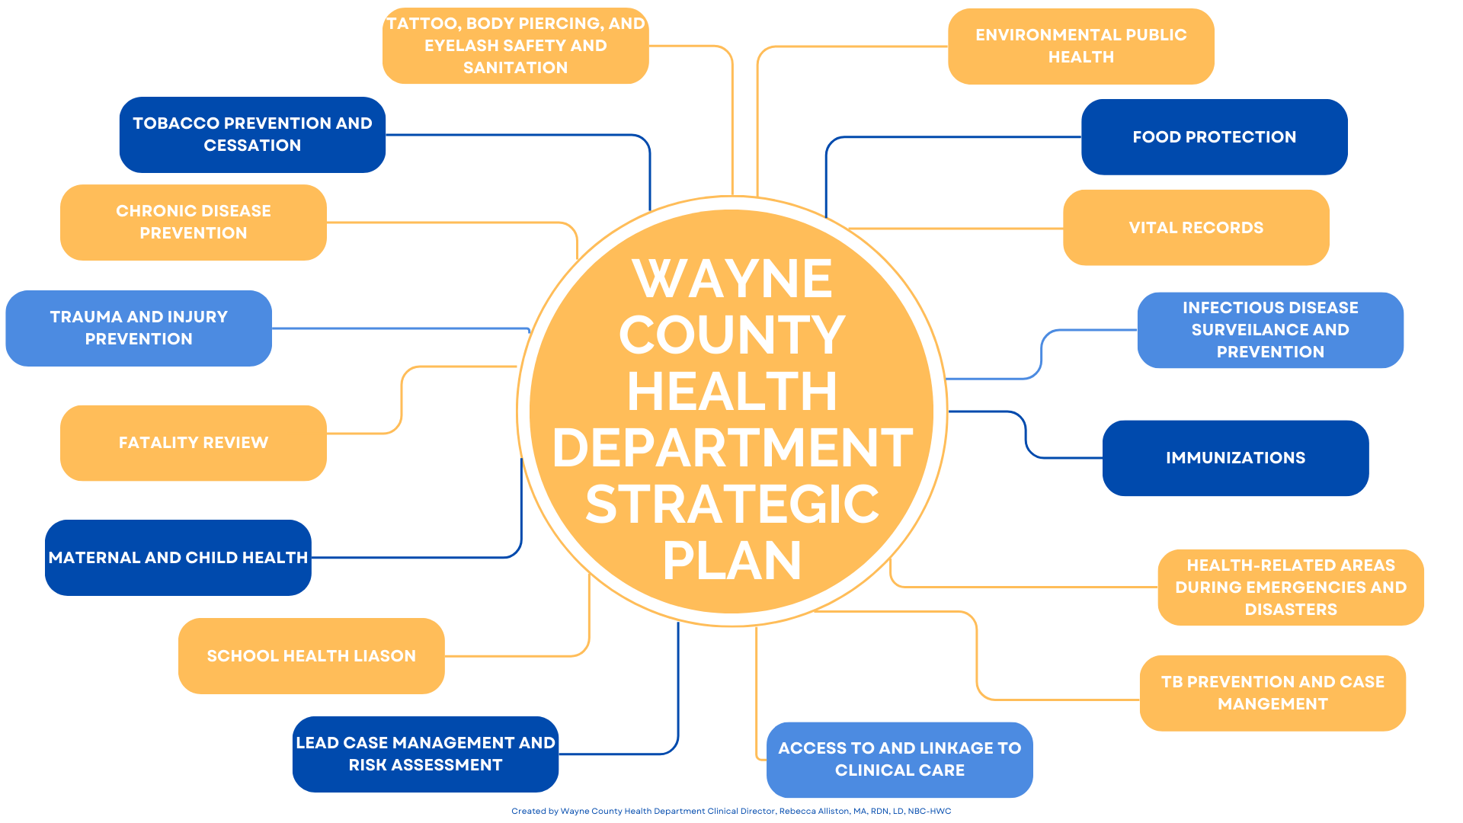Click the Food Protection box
point(1215,137)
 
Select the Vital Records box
point(1196,228)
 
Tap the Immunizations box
point(1236,458)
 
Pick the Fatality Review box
point(194,443)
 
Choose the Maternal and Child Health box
point(178,558)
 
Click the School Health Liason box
point(312,656)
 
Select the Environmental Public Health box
point(1081,46)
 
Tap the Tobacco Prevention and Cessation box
point(252,135)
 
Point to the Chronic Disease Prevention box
point(194,223)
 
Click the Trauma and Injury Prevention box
point(139,328)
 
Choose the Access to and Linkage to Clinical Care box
point(900,760)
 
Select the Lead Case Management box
point(426,754)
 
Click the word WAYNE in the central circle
point(732,279)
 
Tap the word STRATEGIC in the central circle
point(732,504)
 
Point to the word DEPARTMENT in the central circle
point(732,448)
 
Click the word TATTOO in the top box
point(421,24)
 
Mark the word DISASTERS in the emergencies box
point(1291,610)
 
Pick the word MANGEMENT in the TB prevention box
point(1273,704)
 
